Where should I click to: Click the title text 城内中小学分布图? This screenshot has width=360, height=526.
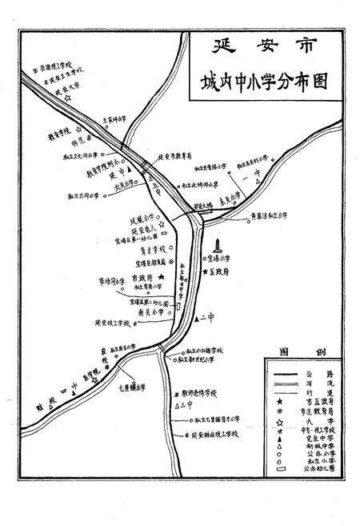[x=267, y=82]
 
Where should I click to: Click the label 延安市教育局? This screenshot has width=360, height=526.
[x=174, y=157]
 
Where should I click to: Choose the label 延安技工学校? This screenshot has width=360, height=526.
[x=117, y=323]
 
